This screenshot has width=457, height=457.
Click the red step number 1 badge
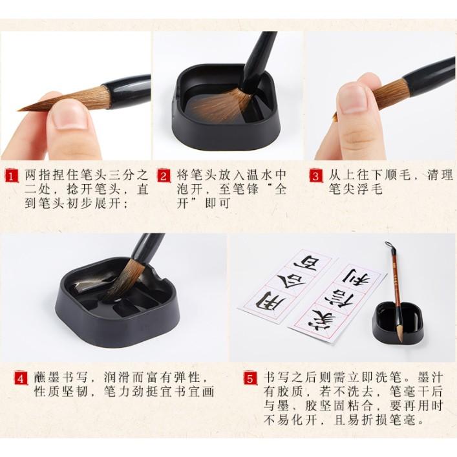[12, 176]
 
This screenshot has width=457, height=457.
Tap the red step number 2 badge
[164, 176]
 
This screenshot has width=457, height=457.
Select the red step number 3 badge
[316, 176]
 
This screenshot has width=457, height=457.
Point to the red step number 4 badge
[21, 379]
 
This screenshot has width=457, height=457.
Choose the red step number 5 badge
[250, 379]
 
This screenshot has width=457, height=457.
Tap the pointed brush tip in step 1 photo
[21, 110]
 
